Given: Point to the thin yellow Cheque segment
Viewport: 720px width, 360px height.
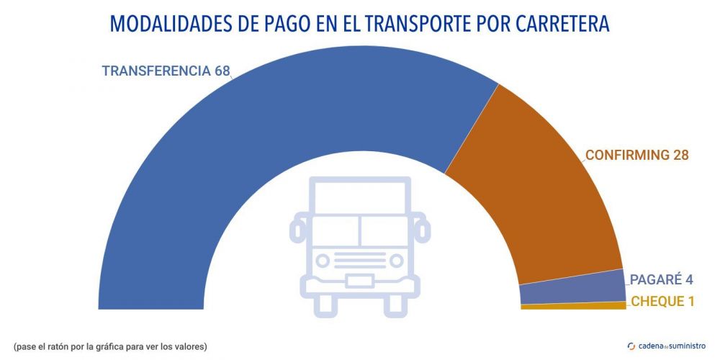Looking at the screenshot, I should [572, 306].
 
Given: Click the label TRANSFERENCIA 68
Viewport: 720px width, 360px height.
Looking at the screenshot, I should [165, 71].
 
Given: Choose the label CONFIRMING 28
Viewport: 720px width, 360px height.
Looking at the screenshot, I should [636, 155].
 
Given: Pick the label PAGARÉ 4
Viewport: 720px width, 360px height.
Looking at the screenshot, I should [661, 279].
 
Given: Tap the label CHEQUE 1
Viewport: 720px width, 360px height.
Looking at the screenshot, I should [662, 302].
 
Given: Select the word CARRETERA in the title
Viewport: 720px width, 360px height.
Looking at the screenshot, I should [562, 24].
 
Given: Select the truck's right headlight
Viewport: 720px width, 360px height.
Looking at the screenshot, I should [395, 260].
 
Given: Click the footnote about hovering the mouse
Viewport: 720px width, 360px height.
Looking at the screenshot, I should [110, 347].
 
